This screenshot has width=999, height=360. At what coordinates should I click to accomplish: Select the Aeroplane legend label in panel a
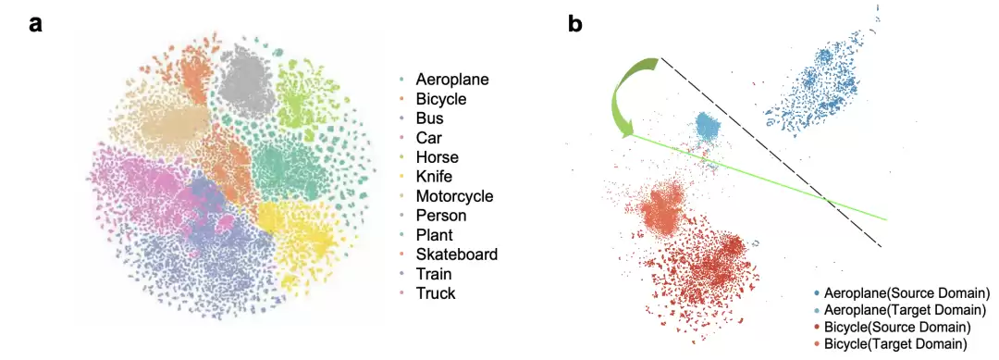[452, 80]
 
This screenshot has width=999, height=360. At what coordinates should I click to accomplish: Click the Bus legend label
[430, 118]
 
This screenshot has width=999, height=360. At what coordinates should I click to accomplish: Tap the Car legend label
[429, 138]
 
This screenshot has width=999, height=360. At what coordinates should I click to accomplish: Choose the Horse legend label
[437, 156]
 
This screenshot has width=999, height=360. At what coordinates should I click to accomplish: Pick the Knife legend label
[435, 177]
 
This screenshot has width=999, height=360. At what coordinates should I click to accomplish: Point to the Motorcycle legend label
[454, 195]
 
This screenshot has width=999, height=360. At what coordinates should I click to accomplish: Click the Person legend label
[441, 216]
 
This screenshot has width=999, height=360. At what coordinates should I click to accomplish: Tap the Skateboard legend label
[457, 254]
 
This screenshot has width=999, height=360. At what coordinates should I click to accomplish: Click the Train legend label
[434, 274]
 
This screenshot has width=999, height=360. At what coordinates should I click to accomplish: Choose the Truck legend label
[436, 293]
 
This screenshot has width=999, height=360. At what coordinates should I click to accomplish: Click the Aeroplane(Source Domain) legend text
[906, 293]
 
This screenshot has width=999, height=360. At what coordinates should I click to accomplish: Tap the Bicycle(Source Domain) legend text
[897, 328]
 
